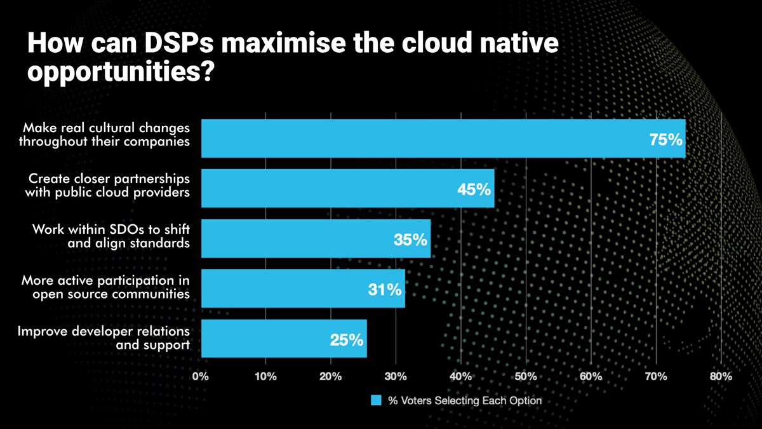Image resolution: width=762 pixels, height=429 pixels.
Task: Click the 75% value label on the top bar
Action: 665,139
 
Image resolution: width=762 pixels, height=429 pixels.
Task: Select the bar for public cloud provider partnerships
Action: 347,188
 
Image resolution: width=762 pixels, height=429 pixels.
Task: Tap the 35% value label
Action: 410,240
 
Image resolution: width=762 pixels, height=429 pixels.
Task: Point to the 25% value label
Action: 347,339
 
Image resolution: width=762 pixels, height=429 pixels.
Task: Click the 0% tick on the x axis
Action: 201,376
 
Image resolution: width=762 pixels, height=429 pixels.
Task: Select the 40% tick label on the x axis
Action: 460,376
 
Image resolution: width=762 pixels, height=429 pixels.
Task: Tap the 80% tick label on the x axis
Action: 721,376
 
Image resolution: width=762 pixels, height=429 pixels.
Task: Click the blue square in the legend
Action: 376,401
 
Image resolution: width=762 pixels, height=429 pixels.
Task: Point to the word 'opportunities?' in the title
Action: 119,72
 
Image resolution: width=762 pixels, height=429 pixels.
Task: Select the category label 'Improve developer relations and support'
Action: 104,338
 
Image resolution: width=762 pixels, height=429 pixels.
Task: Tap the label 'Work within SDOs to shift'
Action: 111,229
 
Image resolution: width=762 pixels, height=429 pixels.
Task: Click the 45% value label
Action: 474,189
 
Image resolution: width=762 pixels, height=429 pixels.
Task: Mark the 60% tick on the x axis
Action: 591,376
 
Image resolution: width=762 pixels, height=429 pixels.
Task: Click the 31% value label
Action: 385,290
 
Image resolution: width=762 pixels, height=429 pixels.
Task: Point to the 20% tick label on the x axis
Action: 331,376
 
